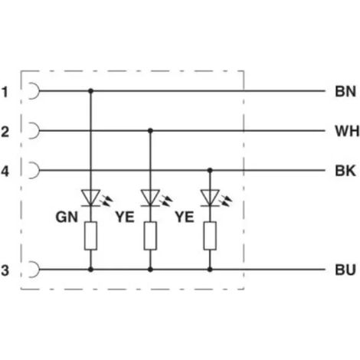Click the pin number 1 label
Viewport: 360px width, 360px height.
coord(5,92)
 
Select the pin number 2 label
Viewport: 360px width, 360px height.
coord(5,132)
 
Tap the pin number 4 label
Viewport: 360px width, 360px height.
coord(5,172)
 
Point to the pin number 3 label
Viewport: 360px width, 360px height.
coord(5,270)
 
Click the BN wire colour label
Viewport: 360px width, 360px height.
coord(345,91)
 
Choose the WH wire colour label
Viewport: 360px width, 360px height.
coord(347,131)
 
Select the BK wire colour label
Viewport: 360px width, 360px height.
coord(345,171)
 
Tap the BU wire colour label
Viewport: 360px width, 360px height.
coord(345,270)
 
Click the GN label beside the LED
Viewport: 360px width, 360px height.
coord(67,218)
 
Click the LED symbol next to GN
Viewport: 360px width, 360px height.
coord(97,198)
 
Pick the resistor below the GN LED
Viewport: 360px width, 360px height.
coord(90,236)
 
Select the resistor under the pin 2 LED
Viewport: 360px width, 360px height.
coord(150,236)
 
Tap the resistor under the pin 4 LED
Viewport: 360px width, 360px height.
coord(210,236)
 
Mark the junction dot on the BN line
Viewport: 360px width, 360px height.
coord(90,90)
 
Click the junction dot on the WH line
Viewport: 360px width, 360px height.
coord(150,131)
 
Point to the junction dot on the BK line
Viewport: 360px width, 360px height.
coord(210,170)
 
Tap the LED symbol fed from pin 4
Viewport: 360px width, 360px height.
coord(216,198)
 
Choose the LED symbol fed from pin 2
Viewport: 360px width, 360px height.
coord(156,198)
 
